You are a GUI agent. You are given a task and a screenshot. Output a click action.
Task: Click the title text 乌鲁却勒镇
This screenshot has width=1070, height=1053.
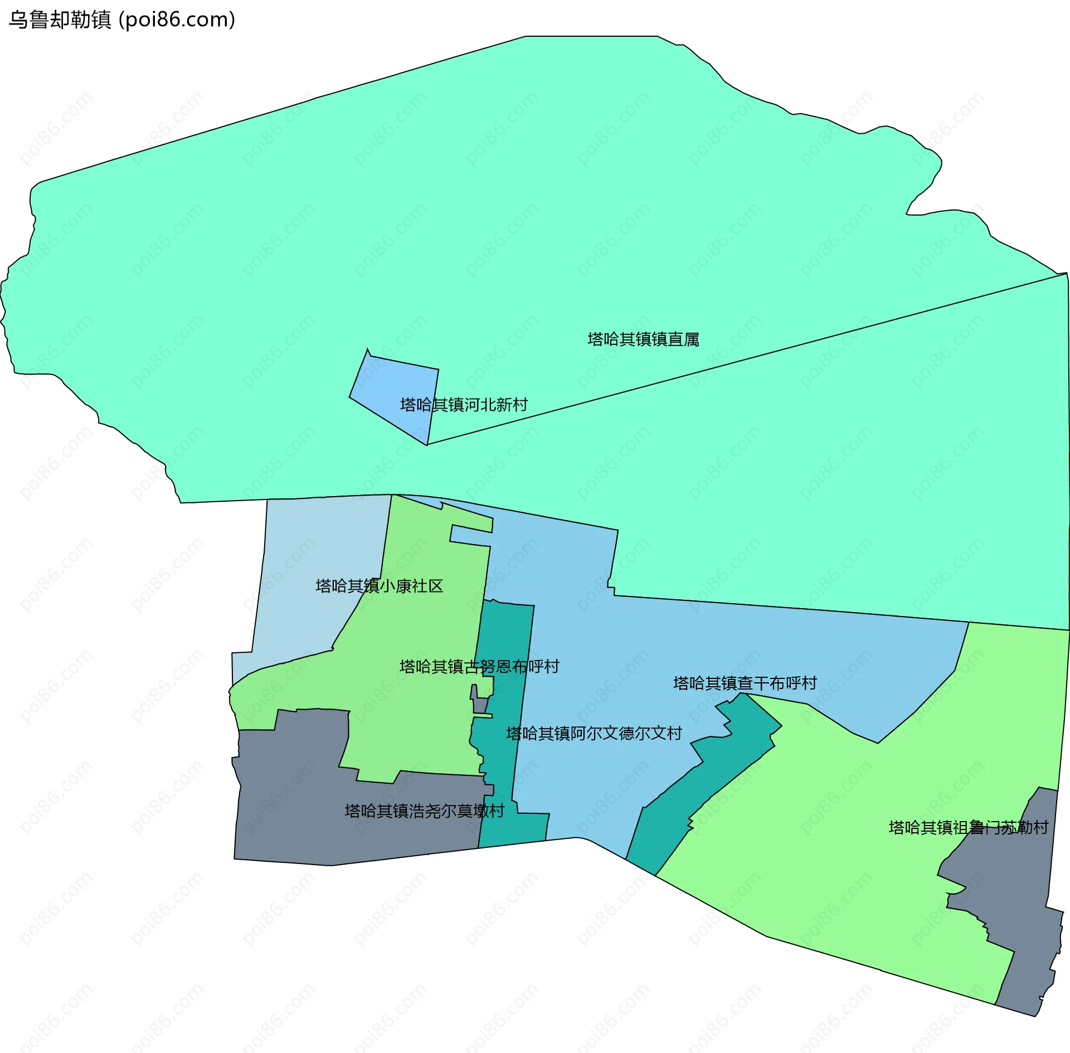pos(60,20)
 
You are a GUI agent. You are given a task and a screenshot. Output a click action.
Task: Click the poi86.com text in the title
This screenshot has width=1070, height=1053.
pos(177,20)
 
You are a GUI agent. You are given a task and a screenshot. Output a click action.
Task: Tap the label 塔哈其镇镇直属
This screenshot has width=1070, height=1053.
pos(643,339)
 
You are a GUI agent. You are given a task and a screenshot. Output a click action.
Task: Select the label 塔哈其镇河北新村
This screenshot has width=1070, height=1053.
pos(464,405)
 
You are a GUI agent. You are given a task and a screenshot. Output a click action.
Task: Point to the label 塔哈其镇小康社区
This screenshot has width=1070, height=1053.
pos(379,586)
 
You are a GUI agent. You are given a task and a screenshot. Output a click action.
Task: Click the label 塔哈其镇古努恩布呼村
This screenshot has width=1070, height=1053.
pos(479,667)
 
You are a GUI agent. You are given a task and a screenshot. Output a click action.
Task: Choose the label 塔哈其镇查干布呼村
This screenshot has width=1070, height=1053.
pos(745,683)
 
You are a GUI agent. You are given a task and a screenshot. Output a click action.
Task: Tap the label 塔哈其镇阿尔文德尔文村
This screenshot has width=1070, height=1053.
pos(594,734)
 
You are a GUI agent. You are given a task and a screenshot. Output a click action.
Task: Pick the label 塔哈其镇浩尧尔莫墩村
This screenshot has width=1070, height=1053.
pos(425,811)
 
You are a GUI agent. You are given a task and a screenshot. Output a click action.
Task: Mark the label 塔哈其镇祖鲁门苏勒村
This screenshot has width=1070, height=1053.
pos(969,828)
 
